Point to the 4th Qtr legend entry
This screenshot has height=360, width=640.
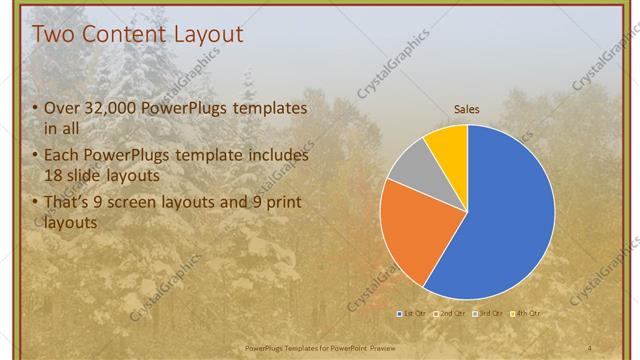pos(527,314)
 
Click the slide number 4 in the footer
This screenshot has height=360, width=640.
pos(589,347)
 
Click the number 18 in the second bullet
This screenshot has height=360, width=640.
pos(54,174)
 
